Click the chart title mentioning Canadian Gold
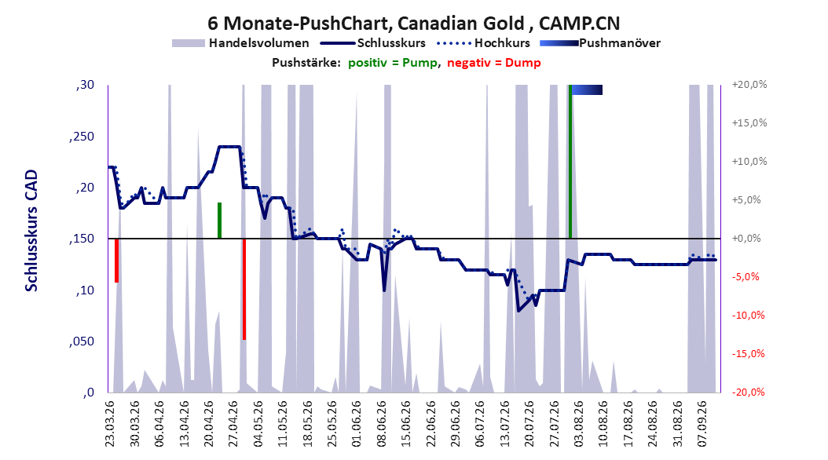click(x=413, y=24)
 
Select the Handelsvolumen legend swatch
click(x=188, y=43)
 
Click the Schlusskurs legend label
click(x=391, y=43)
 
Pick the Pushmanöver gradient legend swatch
click(x=559, y=43)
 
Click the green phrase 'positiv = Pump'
click(x=392, y=63)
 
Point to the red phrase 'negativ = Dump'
click(x=494, y=63)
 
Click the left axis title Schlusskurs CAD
click(x=31, y=231)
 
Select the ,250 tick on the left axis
click(x=82, y=137)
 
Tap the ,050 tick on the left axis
click(x=82, y=341)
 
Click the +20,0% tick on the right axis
click(x=749, y=85)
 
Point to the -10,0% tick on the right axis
click(x=748, y=316)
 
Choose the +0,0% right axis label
click(x=746, y=239)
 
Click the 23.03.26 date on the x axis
click(x=110, y=424)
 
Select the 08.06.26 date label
click(x=382, y=424)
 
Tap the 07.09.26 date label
click(x=702, y=424)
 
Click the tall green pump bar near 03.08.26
click(x=570, y=162)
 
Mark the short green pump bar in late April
click(x=220, y=221)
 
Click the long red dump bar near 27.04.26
click(x=244, y=289)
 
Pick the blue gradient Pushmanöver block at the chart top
click(x=587, y=89)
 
